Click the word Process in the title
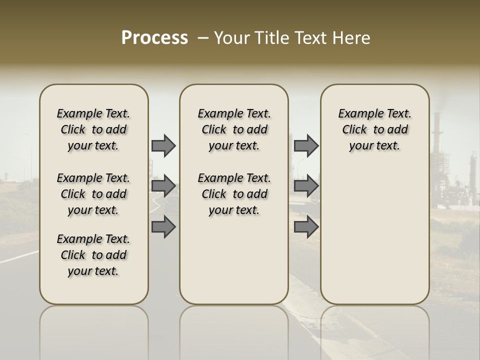(x=154, y=37)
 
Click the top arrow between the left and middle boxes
(x=163, y=145)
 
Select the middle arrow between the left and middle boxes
(x=163, y=186)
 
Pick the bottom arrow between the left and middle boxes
(x=163, y=226)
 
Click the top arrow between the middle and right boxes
(x=306, y=145)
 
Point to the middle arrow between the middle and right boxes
(x=306, y=186)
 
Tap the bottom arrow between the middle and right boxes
(x=306, y=226)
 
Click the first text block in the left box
(x=93, y=129)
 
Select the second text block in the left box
(x=93, y=194)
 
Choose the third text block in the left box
(x=93, y=255)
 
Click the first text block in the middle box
(x=234, y=129)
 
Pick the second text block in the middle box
(x=234, y=194)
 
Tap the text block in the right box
(x=374, y=129)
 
